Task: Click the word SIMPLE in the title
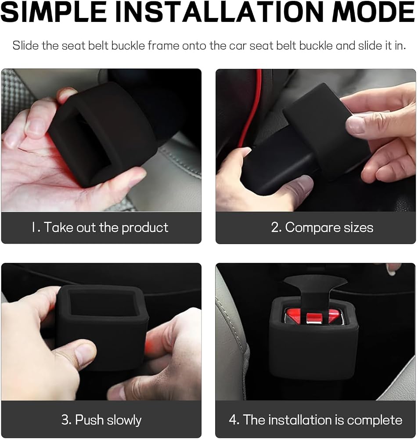54,11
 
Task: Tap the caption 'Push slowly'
108,420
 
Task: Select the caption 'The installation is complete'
322,420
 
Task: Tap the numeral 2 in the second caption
275,227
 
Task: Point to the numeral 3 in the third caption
65,420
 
